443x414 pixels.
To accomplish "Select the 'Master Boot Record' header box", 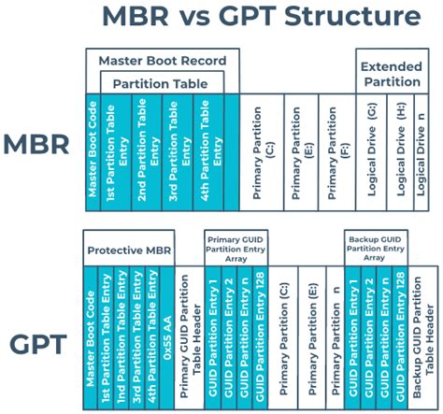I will (163, 61).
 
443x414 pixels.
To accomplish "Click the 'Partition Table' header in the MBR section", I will (162, 82).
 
